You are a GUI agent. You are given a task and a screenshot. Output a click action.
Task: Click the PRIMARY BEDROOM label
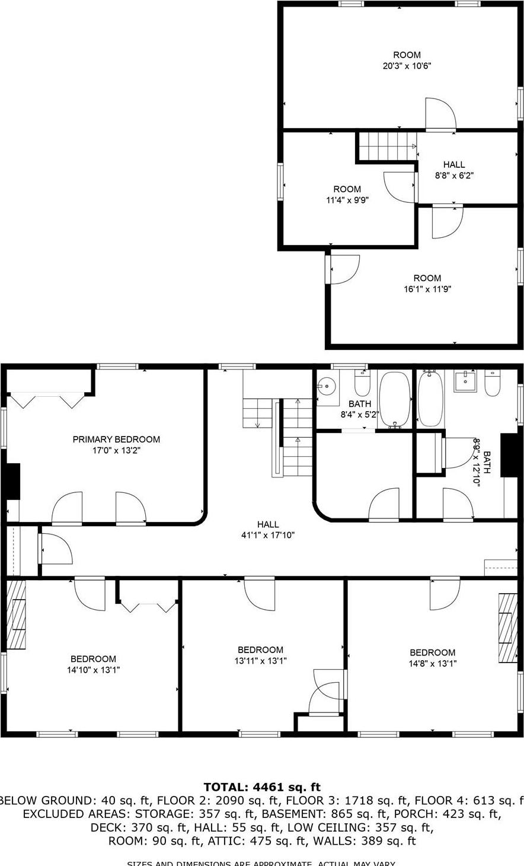[116, 440]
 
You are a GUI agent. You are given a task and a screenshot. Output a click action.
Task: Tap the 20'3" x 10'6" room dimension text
[406, 66]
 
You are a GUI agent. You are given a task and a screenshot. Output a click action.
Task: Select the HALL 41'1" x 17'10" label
[268, 524]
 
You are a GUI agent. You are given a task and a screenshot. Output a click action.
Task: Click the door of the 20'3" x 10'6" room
[440, 114]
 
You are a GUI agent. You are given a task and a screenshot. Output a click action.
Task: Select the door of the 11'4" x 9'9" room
[399, 186]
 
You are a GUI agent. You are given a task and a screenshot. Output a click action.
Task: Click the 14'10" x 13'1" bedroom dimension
[93, 670]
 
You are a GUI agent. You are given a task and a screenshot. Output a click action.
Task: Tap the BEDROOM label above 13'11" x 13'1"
[260, 650]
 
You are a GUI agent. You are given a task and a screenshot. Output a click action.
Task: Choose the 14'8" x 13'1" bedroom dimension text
[433, 664]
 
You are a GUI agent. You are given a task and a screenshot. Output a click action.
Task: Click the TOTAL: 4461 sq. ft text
[262, 788]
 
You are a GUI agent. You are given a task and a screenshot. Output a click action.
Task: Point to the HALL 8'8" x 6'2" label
[454, 164]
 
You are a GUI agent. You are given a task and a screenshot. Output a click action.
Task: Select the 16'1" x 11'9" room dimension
[427, 289]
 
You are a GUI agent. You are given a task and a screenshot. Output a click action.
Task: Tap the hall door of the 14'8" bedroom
[445, 593]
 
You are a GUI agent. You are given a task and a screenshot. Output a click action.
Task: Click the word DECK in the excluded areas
[105, 827]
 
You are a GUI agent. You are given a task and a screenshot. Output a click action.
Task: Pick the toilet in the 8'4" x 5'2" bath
[362, 384]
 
